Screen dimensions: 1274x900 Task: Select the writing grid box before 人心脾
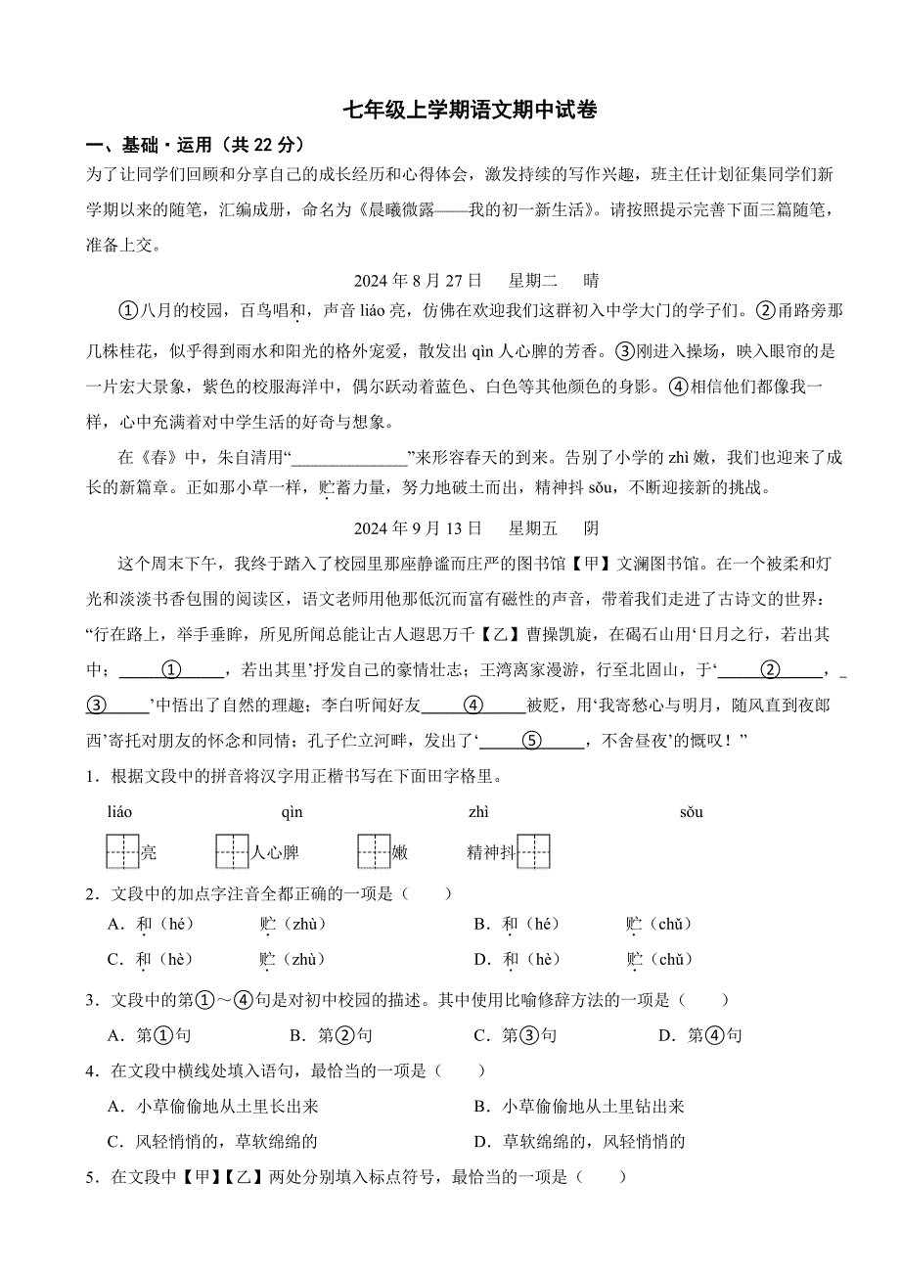coord(233,851)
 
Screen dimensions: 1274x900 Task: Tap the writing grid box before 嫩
coord(374,851)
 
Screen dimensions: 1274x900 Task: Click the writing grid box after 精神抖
coord(533,851)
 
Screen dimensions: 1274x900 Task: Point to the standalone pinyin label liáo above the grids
coord(119,812)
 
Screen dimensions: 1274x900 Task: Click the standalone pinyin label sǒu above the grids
coord(691,812)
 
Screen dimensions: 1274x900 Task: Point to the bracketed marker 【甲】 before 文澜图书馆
coord(581,564)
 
